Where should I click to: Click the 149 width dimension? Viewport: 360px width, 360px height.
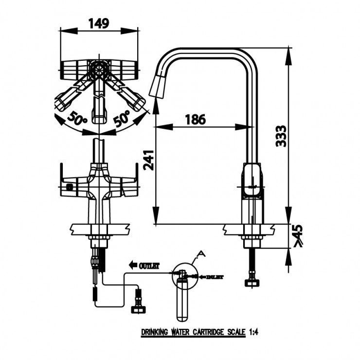click(x=98, y=22)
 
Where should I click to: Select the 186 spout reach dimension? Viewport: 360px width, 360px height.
click(x=195, y=119)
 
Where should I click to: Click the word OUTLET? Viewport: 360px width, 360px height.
click(x=150, y=266)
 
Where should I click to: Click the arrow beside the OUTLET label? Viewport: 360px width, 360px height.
click(x=132, y=266)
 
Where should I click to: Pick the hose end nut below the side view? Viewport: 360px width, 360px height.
click(x=252, y=283)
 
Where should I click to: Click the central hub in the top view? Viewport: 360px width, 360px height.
click(x=99, y=69)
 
